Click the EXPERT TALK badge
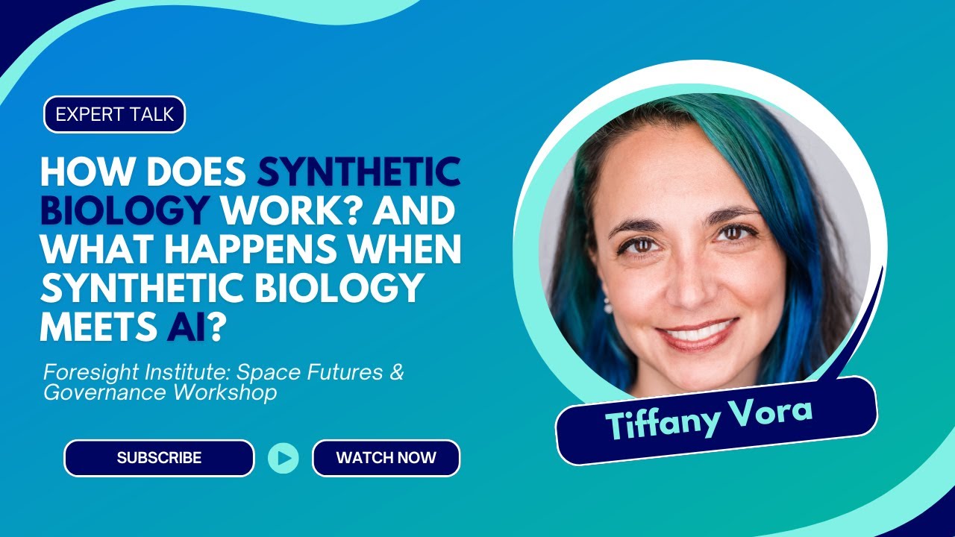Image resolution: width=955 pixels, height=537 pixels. point(114,115)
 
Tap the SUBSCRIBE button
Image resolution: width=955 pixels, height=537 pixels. point(159,458)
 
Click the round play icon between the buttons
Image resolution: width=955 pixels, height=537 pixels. point(284,458)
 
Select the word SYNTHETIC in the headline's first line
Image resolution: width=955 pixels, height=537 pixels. point(359,173)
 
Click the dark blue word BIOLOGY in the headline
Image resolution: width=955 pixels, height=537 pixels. point(124,212)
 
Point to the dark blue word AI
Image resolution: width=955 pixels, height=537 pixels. point(186,328)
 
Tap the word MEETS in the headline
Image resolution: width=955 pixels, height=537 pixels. point(98,328)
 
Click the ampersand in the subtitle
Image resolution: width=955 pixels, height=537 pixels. point(396,372)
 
